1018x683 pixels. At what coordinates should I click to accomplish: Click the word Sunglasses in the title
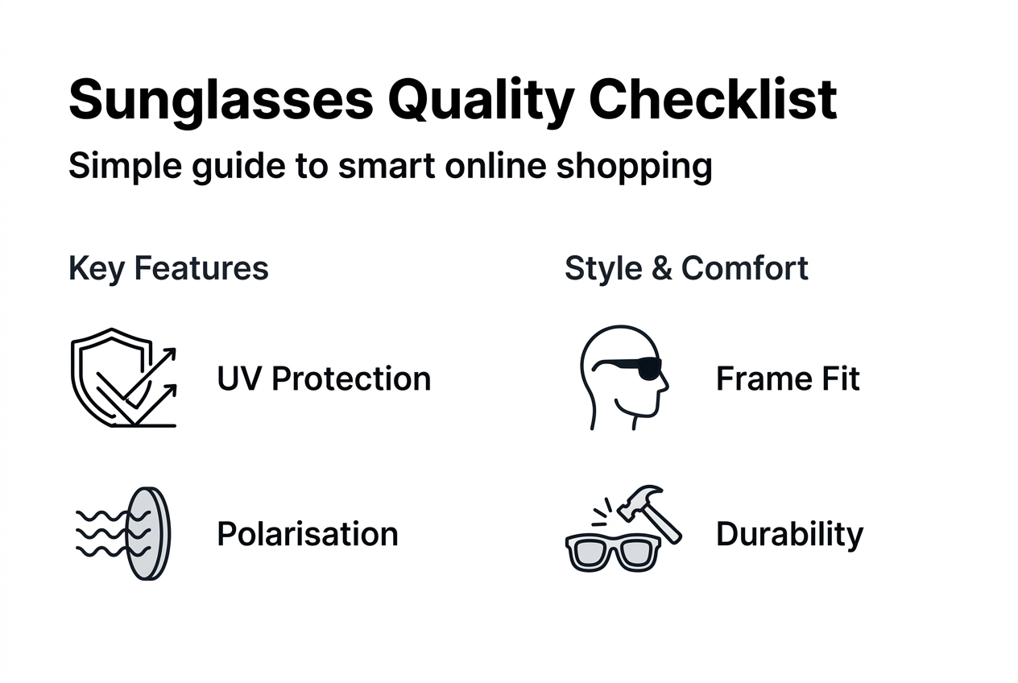click(x=220, y=101)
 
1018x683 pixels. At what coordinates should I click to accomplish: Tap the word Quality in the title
click(x=480, y=101)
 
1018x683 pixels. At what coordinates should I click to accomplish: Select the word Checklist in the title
click(x=714, y=101)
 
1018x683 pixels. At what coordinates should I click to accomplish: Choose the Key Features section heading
click(x=168, y=268)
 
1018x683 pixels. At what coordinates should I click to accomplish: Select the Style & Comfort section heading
click(x=686, y=268)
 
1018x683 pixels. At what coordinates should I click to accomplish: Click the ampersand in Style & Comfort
click(x=662, y=268)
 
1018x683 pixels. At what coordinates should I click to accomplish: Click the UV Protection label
click(x=324, y=379)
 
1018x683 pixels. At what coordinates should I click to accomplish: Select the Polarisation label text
click(x=308, y=534)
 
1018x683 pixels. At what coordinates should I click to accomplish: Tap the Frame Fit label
click(x=788, y=379)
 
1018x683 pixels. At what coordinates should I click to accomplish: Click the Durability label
click(x=789, y=534)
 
